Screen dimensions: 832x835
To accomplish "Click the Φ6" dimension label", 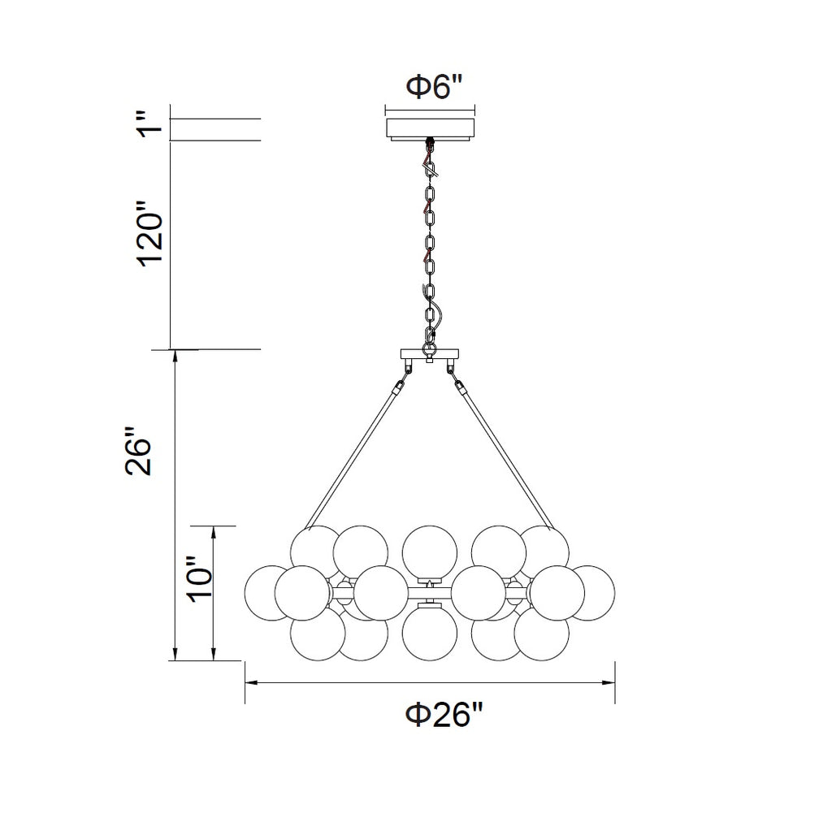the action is [x=434, y=87].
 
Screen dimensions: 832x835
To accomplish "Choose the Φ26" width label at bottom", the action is [x=444, y=714].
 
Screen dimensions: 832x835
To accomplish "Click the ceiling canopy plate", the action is [x=430, y=130].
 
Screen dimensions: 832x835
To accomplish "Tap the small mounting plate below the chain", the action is [x=430, y=354].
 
